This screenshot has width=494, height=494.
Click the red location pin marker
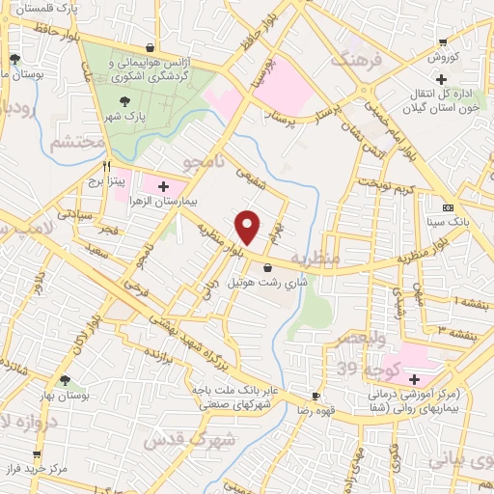(249, 228)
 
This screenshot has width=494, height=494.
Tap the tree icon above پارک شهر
(124, 99)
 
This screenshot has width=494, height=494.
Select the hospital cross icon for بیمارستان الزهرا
(163, 186)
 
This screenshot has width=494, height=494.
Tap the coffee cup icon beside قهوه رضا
(316, 397)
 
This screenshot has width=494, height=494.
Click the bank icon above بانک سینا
(448, 207)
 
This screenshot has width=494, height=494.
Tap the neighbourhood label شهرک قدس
(183, 441)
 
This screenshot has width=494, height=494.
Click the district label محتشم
(70, 144)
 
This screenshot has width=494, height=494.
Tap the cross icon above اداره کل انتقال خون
(441, 78)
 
